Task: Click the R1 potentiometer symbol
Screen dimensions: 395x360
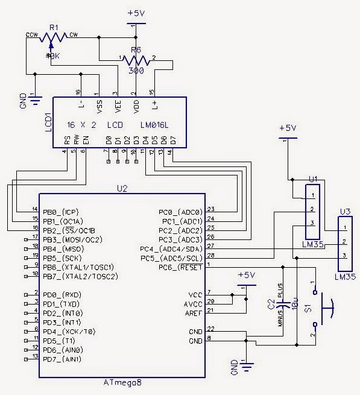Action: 53,37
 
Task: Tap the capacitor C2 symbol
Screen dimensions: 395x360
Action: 279,313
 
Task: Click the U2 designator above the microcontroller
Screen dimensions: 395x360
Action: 122,189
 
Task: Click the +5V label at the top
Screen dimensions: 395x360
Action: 136,13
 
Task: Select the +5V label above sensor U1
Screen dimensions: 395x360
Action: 289,128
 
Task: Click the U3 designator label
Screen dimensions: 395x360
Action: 344,211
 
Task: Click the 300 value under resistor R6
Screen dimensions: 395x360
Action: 137,71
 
